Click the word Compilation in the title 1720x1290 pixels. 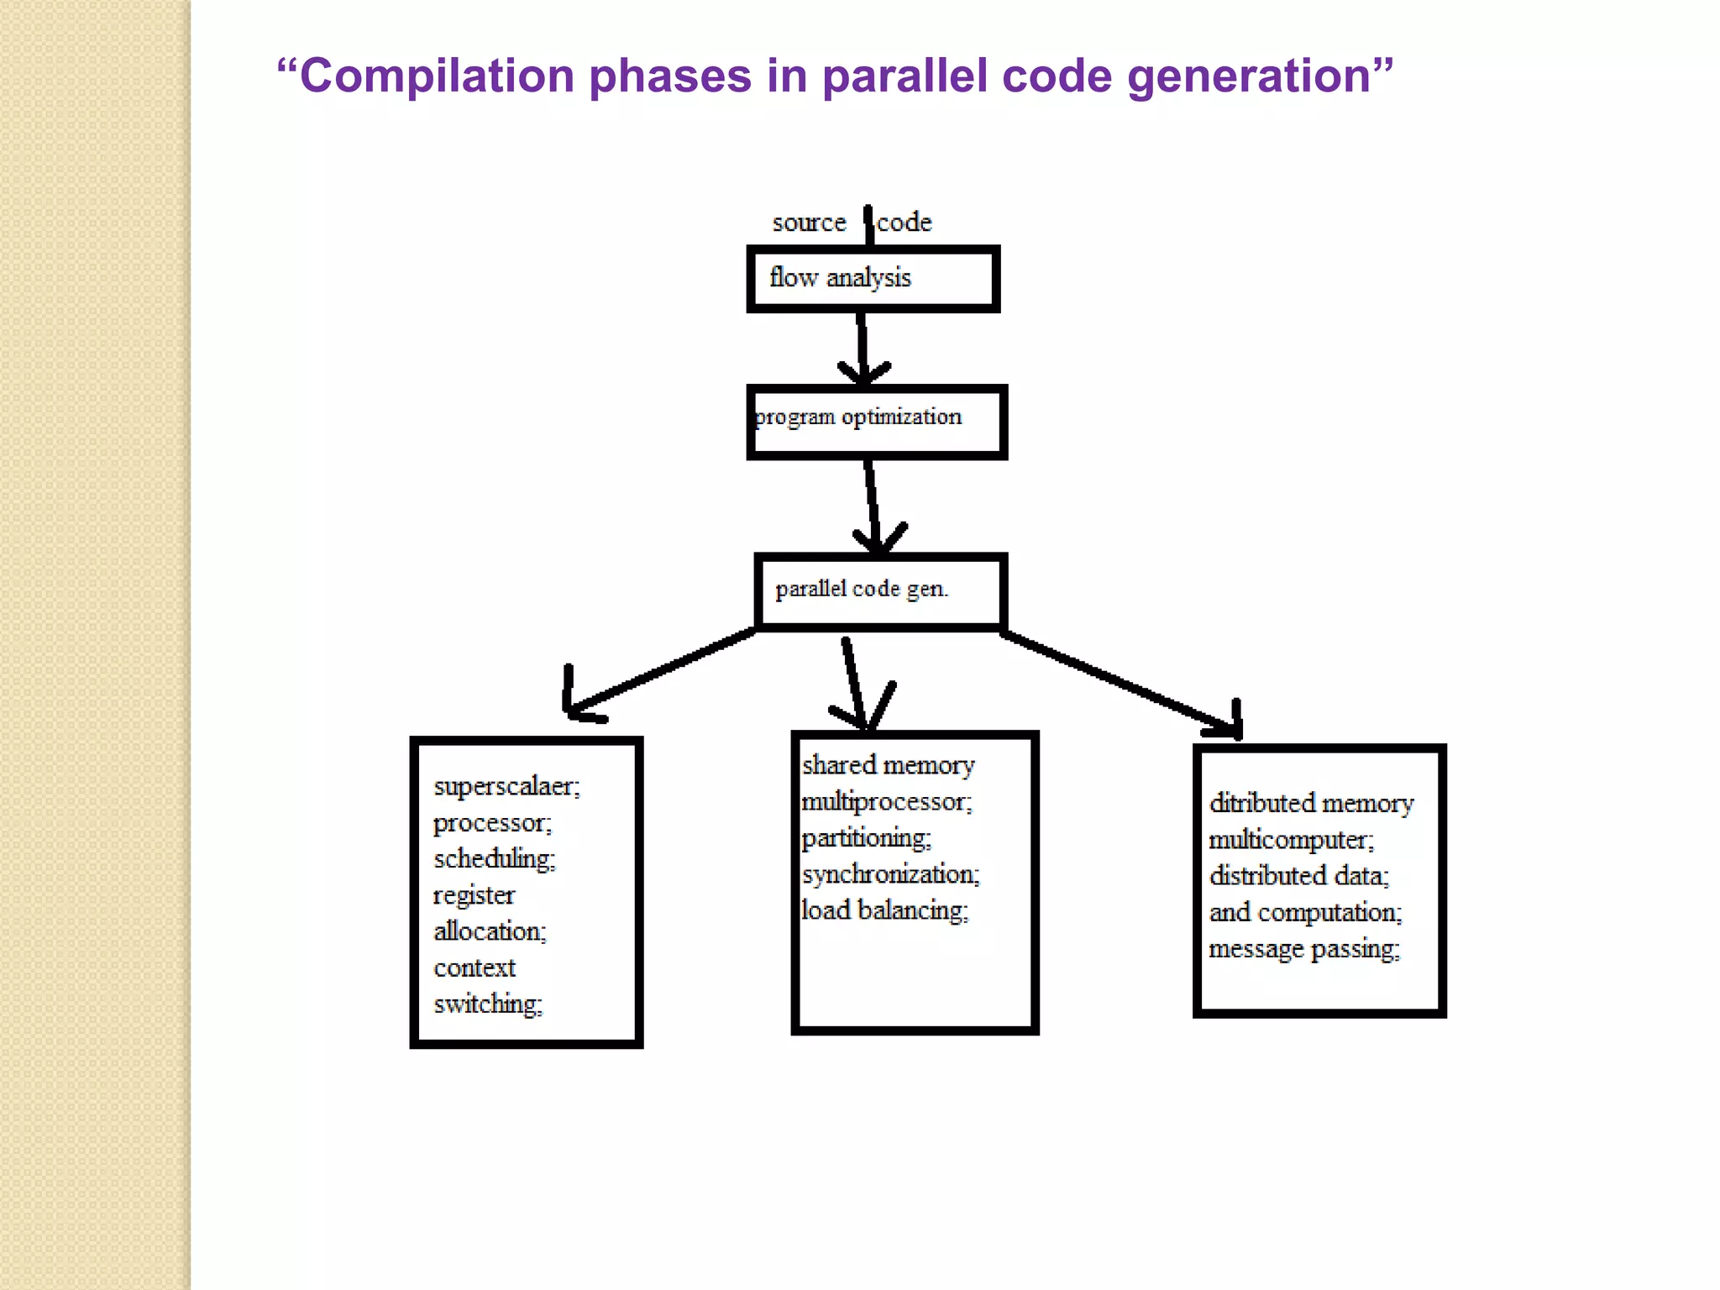click(x=435, y=76)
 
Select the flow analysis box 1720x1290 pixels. click(x=873, y=279)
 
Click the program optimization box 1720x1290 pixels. click(x=876, y=422)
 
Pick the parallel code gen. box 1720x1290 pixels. click(x=880, y=591)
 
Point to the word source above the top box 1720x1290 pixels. click(x=809, y=223)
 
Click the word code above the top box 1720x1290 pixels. click(x=905, y=223)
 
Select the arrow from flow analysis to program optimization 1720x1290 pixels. click(x=863, y=349)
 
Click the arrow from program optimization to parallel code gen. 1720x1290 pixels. click(x=873, y=504)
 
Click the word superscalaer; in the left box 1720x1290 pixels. click(x=506, y=787)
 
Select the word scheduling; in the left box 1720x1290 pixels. click(x=494, y=859)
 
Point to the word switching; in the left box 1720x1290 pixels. click(x=488, y=1004)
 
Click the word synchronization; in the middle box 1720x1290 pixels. click(x=890, y=874)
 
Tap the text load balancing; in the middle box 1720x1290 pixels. click(x=884, y=910)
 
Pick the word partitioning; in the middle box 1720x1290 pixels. click(x=866, y=838)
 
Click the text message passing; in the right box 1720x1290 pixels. click(x=1304, y=949)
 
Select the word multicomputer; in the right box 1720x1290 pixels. click(x=1291, y=840)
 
